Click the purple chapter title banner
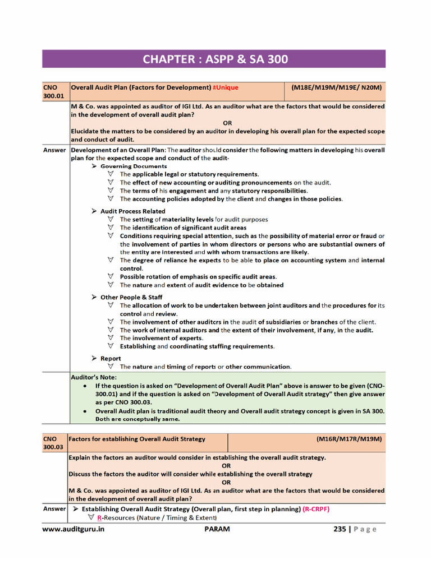214,59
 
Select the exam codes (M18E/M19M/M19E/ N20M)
336,87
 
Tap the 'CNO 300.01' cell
54,92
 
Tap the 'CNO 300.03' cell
54,443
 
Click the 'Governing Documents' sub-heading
133,166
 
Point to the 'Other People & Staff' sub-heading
131,297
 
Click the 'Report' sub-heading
111,358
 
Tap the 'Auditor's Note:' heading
94,377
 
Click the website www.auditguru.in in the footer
74,529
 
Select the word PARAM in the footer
217,529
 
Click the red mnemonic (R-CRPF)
316,509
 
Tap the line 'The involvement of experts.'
161,338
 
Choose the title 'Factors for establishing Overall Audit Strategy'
137,439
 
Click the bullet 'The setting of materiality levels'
194,220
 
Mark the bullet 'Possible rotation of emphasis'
198,277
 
